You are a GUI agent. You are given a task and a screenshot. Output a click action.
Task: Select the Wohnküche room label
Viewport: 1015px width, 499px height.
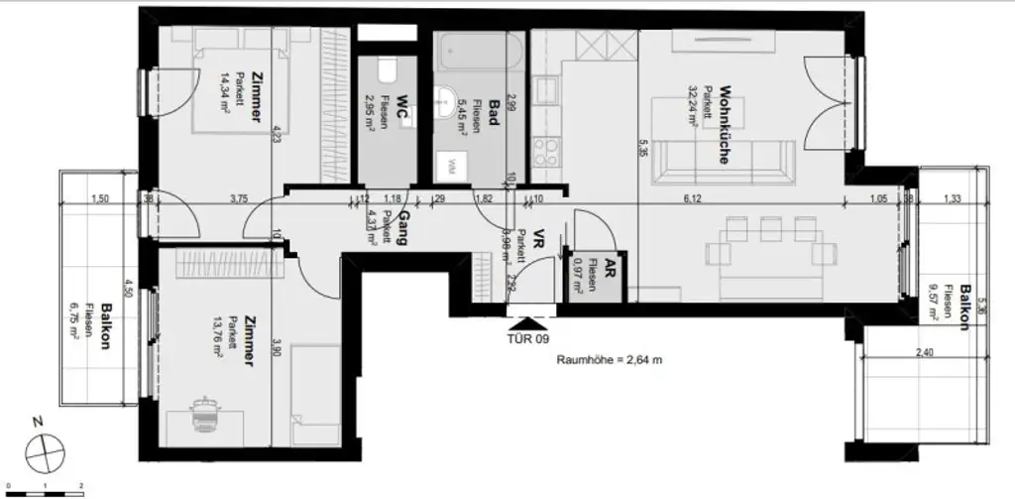click(725, 122)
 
